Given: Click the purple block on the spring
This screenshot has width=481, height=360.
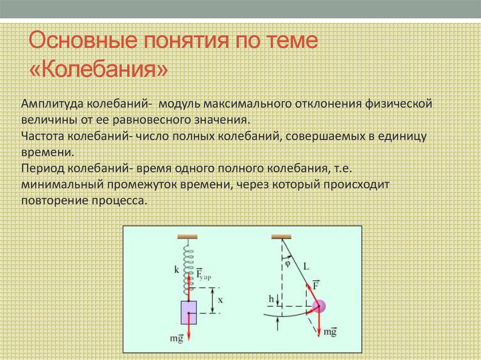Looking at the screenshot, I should [x=188, y=313].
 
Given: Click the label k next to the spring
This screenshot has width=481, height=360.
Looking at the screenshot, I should [x=176, y=270].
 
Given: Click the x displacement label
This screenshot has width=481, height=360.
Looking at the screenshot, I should [x=221, y=299].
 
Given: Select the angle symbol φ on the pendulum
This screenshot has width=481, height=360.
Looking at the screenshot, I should [x=287, y=263].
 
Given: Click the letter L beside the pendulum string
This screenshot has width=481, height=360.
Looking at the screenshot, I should [x=306, y=266].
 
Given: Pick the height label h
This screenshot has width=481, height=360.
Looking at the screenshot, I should [x=271, y=299].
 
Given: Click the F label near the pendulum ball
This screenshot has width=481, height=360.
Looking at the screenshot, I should [x=316, y=284].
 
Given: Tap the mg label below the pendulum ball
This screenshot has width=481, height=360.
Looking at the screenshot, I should [x=330, y=332].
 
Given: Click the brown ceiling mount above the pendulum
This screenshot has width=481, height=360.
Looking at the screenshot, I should [x=281, y=235].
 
